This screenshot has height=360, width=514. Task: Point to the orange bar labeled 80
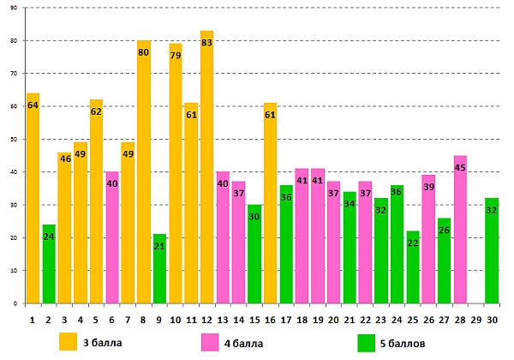point(144,171)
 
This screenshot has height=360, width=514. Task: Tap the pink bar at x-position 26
point(427,239)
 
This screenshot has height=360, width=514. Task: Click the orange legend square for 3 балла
point(68,342)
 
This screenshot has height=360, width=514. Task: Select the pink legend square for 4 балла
point(210,342)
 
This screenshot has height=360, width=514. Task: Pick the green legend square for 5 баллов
point(368,342)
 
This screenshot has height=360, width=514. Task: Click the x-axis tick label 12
point(206,319)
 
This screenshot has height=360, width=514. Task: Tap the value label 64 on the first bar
point(33,105)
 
